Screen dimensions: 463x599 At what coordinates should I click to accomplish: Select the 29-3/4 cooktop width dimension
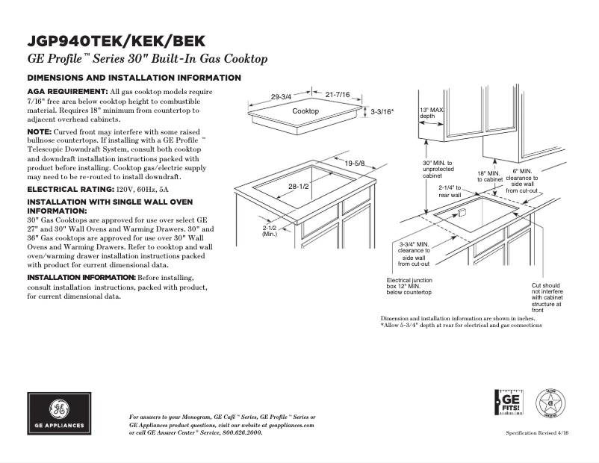[281, 97]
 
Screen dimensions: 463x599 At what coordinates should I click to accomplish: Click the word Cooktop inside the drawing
[305, 111]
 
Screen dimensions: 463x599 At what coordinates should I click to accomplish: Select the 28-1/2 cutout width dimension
[299, 186]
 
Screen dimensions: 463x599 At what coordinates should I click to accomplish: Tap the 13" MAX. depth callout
[431, 113]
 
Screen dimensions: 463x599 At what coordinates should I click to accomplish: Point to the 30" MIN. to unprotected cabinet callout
[438, 171]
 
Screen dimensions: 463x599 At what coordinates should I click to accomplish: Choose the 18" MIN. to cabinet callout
[490, 176]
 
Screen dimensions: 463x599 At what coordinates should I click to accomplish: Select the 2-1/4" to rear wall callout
[453, 191]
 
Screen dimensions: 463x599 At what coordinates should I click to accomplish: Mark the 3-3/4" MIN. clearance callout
[413, 254]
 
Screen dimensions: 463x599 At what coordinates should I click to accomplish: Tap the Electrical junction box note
[409, 285]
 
